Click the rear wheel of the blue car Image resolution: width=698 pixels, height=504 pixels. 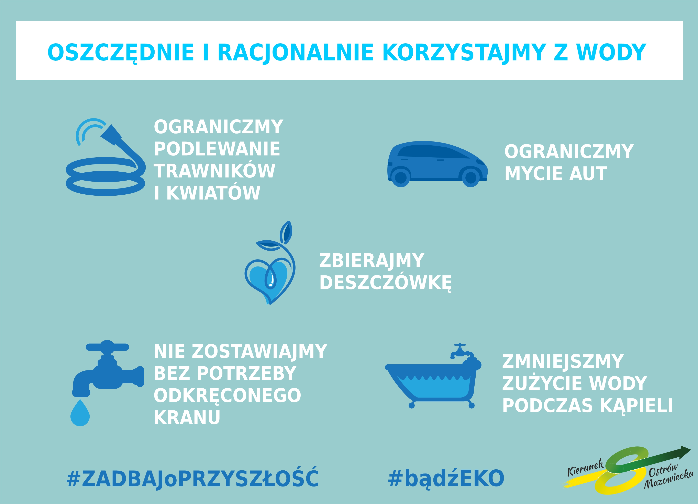[x=401, y=177]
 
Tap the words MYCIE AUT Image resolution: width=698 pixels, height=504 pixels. [x=556, y=174]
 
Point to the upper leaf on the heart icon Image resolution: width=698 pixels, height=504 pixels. [x=286, y=232]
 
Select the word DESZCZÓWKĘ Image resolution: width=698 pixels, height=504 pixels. [x=385, y=283]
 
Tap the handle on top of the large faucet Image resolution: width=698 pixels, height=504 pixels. [x=107, y=347]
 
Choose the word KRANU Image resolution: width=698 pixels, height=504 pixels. [x=187, y=417]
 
